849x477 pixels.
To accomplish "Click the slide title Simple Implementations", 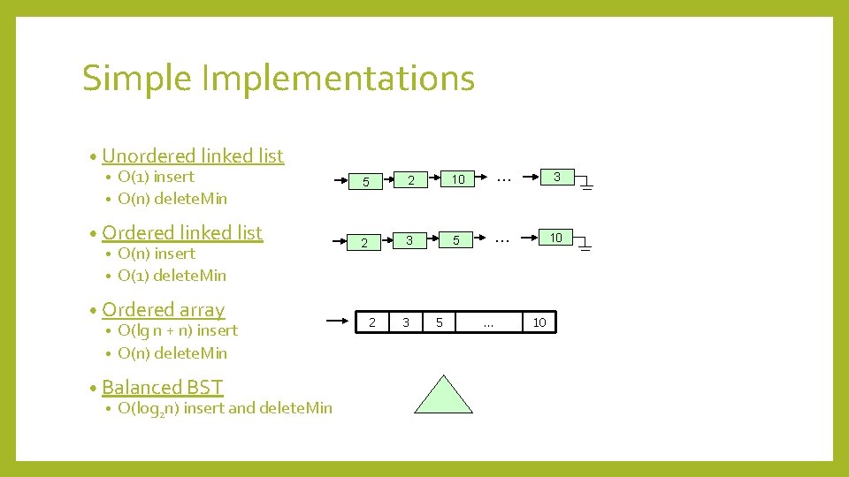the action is pyautogui.click(x=279, y=78).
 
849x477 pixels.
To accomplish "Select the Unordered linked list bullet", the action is pyautogui.click(x=193, y=155).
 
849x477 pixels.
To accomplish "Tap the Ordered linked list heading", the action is pyautogui.click(x=182, y=232).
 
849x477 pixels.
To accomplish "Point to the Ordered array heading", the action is pyautogui.click(x=164, y=309).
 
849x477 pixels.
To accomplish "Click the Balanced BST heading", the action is pyautogui.click(x=163, y=387).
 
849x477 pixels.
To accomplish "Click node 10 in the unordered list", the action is pyautogui.click(x=458, y=180).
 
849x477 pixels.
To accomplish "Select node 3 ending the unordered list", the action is pyautogui.click(x=557, y=178).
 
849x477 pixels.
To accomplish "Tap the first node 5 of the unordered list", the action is pyautogui.click(x=363, y=182).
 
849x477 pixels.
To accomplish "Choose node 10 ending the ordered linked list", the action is pyautogui.click(x=556, y=238).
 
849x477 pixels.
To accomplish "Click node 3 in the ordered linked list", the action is pyautogui.click(x=409, y=240).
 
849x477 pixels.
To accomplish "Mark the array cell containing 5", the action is pyautogui.click(x=440, y=322).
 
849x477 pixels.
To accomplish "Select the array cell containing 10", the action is pyautogui.click(x=539, y=322).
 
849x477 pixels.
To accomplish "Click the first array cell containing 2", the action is pyautogui.click(x=372, y=322).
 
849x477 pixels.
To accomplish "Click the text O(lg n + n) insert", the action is pyautogui.click(x=178, y=330).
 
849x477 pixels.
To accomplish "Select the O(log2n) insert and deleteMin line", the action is pyautogui.click(x=225, y=408).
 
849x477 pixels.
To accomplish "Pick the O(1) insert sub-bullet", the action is pyautogui.click(x=156, y=177).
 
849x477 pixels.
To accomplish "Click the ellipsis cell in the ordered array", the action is pyautogui.click(x=488, y=322).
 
